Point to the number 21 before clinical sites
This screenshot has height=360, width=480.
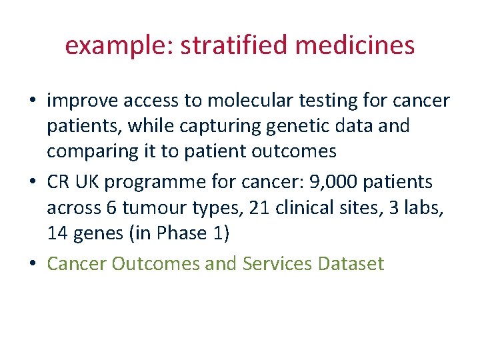pos(258,207)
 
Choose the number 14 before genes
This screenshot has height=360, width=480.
pos(57,233)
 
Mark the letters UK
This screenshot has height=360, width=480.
pos(93,181)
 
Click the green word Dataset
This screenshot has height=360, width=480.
pos(351,264)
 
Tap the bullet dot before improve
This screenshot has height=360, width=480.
pos(33,101)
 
